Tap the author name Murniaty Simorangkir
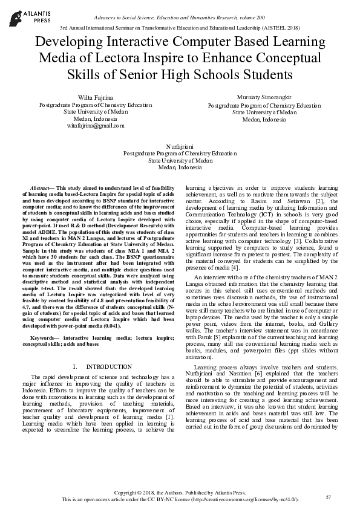click(264, 97)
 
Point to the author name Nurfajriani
click(180, 146)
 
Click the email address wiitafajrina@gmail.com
click(96, 126)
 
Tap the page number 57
click(328, 496)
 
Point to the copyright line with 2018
click(180, 493)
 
